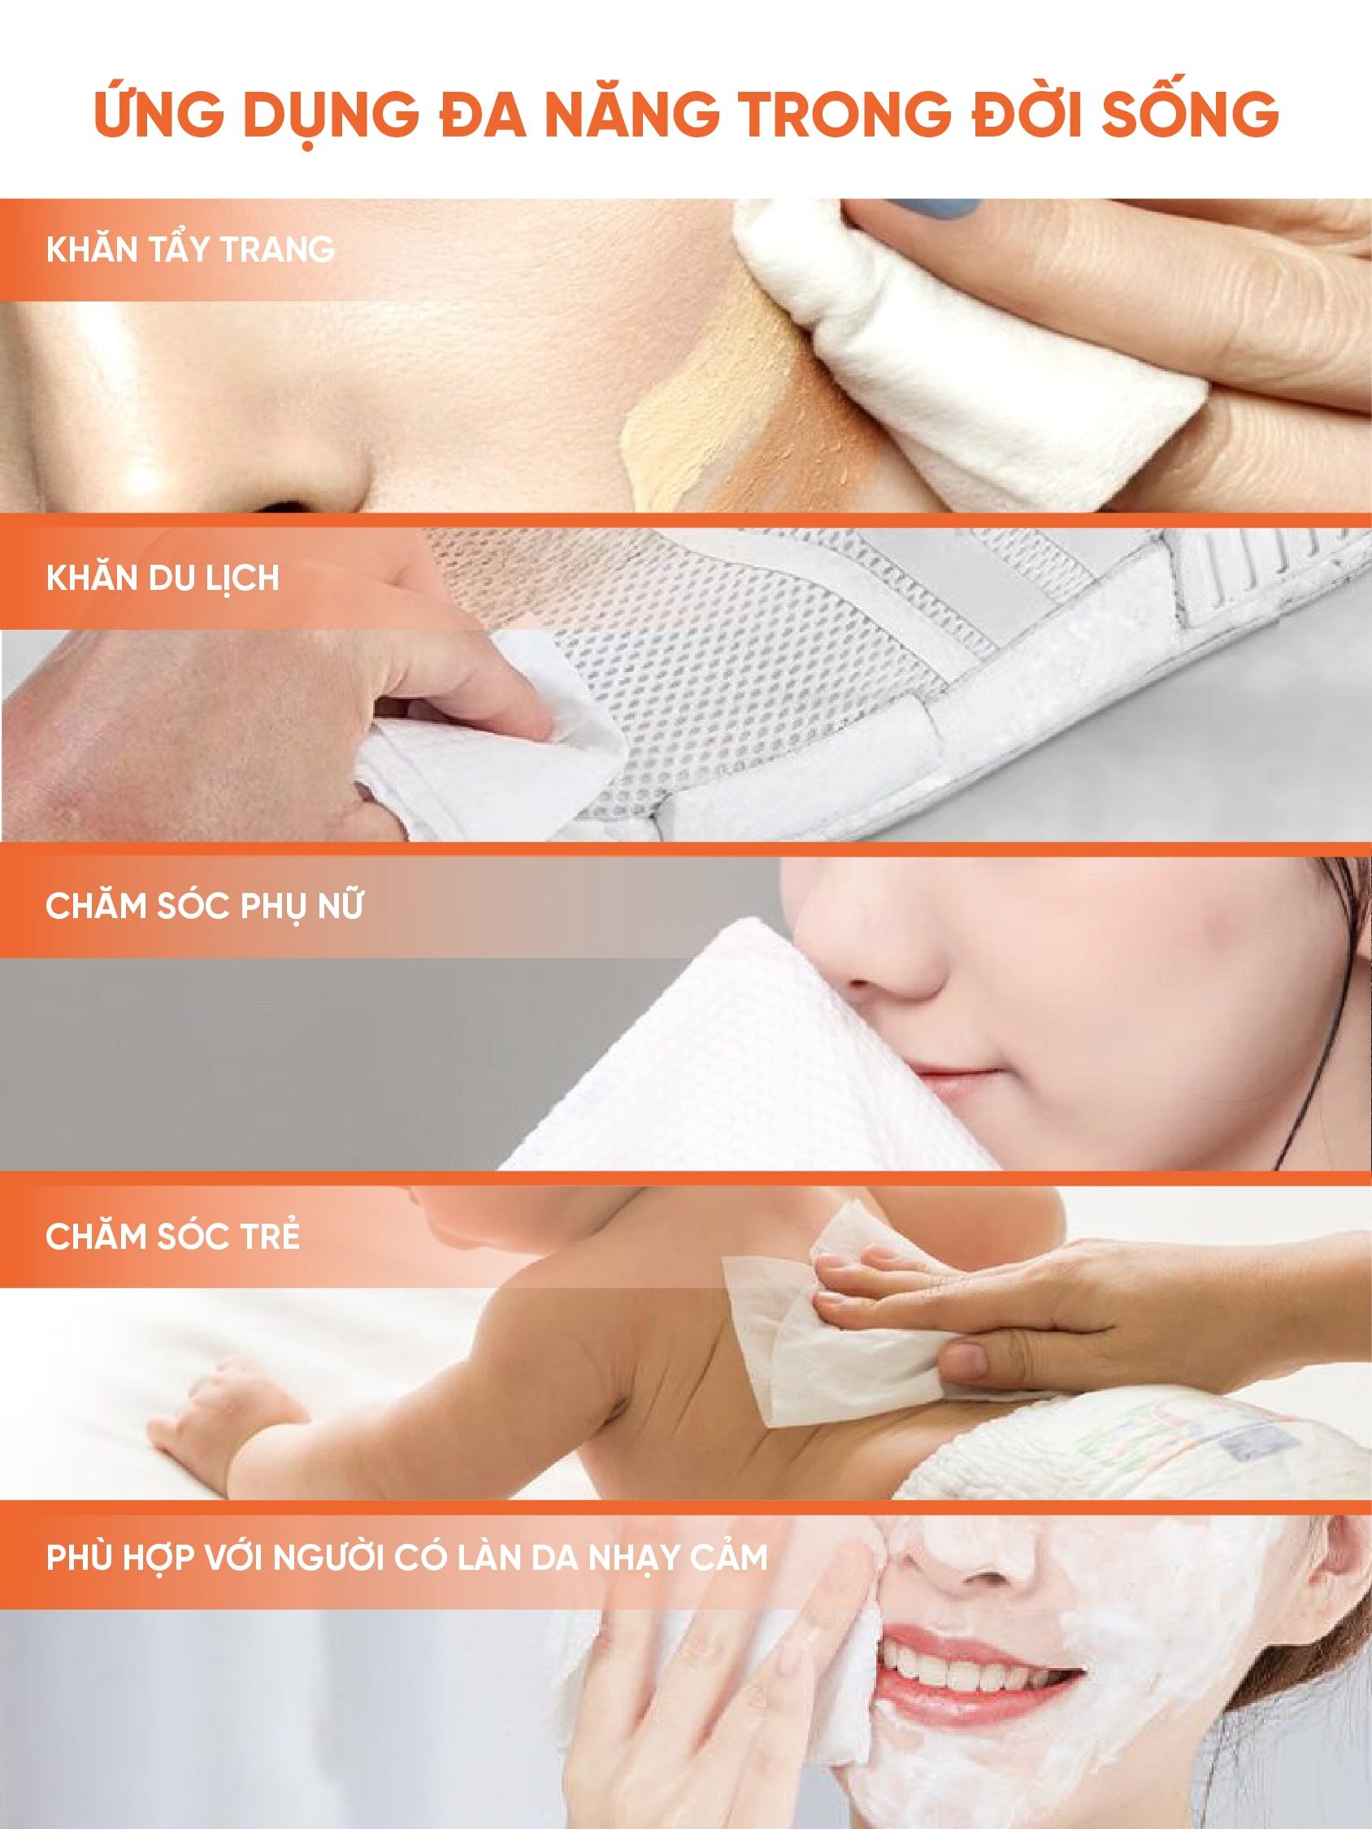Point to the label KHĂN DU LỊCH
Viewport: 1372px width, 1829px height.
tap(162, 579)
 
